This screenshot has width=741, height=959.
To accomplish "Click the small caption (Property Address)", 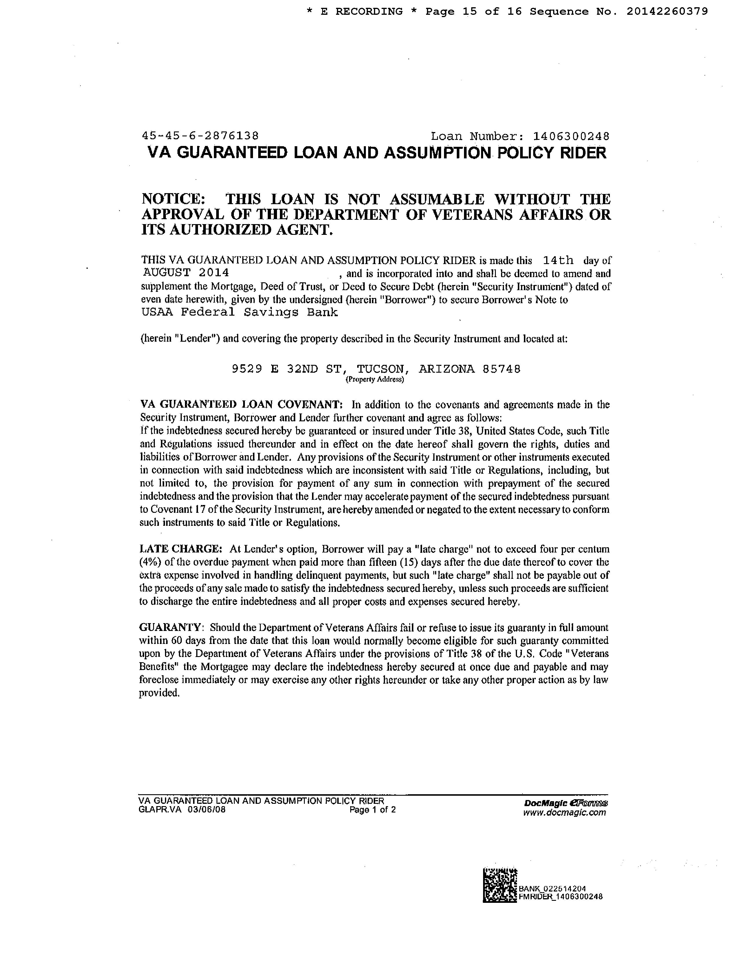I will pyautogui.click(x=375, y=379).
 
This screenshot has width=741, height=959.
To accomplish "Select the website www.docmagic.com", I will pyautogui.click(x=564, y=812).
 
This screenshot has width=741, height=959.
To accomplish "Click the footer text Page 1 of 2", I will pyautogui.click(x=373, y=810).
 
